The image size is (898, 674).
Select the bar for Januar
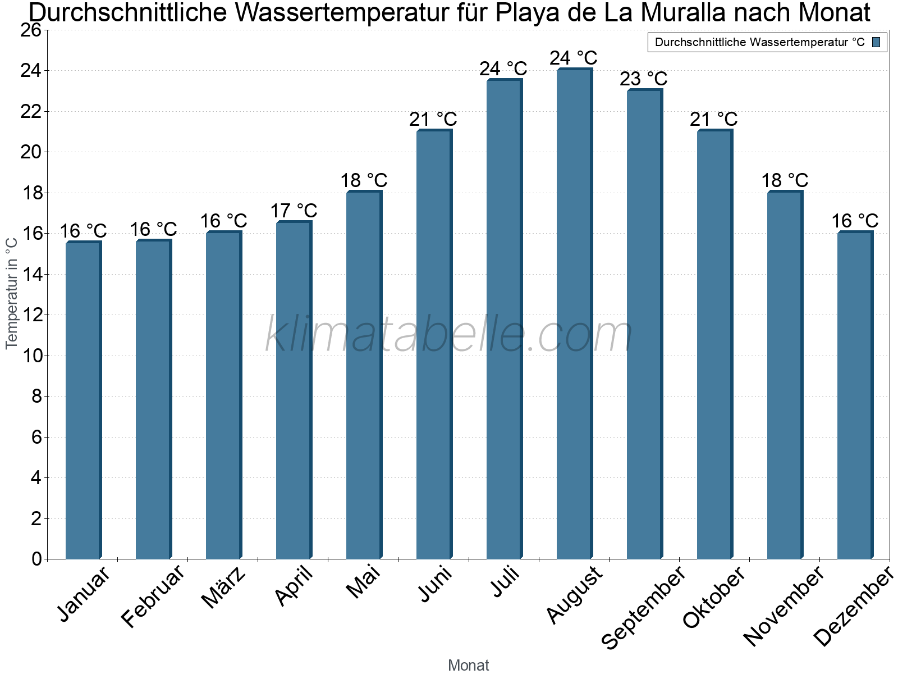click(83, 400)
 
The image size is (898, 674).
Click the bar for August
click(574, 314)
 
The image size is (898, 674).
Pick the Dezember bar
click(855, 395)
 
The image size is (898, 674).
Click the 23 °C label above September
click(644, 79)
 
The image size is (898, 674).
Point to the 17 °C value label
click(294, 211)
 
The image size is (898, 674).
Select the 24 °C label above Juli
click(503, 69)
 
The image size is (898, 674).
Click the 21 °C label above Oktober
click(714, 120)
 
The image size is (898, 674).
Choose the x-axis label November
click(784, 607)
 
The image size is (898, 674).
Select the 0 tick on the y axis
click(37, 559)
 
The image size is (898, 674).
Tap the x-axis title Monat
click(469, 666)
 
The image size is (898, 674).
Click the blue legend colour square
click(876, 42)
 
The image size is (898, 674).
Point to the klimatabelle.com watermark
click(449, 335)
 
